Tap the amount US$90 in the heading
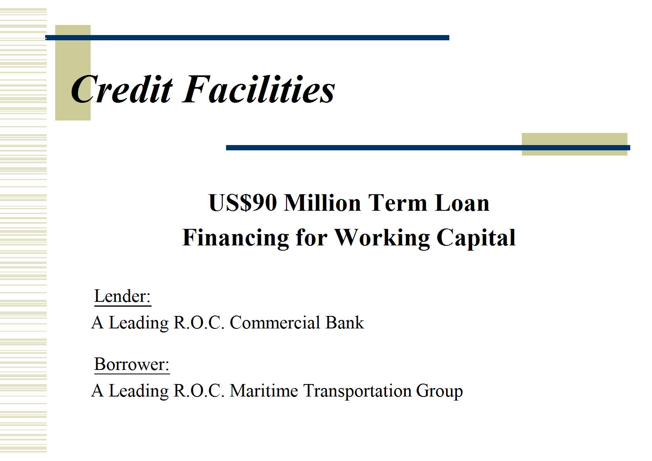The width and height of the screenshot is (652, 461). [243, 203]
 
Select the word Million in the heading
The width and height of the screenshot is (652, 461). [322, 203]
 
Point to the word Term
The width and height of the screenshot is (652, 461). [398, 203]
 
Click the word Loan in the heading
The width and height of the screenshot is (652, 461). [462, 203]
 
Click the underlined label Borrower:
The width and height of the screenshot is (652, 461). [132, 364]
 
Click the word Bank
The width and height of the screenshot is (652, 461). [345, 322]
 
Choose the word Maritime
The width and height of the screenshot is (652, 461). [264, 390]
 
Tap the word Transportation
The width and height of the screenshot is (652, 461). [357, 391]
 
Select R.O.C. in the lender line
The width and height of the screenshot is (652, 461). [199, 322]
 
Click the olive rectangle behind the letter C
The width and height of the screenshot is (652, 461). [73, 73]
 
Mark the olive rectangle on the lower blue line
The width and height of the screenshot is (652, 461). [574, 144]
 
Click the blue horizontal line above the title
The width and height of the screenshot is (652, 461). [247, 37]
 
